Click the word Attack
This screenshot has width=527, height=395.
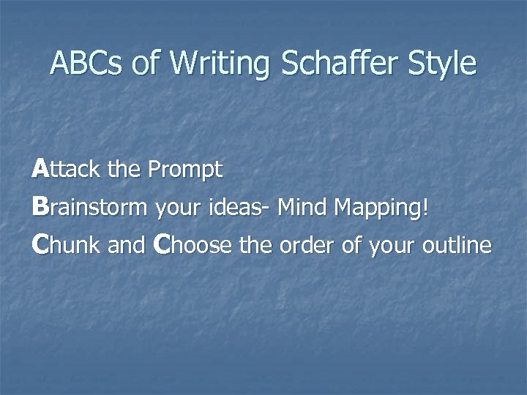67,170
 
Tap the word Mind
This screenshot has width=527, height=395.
302,208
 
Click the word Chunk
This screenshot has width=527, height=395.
66,246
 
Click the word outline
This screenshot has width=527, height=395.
457,246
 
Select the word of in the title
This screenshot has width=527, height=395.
146,64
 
